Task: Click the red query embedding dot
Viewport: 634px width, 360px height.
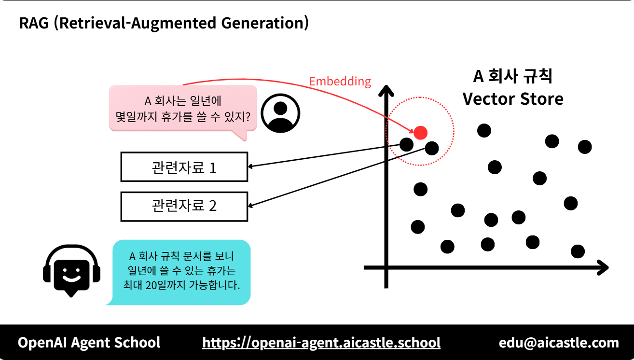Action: click(x=420, y=132)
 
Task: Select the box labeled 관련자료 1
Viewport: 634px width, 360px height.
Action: click(x=184, y=167)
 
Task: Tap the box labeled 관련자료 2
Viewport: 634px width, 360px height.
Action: click(x=184, y=207)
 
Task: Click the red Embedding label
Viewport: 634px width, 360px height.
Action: click(x=340, y=81)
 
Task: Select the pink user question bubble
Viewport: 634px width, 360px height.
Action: click(x=182, y=109)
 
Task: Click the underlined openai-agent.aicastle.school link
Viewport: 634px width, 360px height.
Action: click(x=321, y=343)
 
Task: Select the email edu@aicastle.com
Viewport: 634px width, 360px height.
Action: click(x=559, y=343)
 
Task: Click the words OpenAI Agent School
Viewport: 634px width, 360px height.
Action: click(x=89, y=343)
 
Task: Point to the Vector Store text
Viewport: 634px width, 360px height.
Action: click(x=513, y=99)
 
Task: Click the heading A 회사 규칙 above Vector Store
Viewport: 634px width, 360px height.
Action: click(x=513, y=76)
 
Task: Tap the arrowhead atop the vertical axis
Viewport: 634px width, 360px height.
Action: click(x=386, y=90)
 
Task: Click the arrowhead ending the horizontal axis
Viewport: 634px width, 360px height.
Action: click(x=603, y=267)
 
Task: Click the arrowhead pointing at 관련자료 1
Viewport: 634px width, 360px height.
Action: click(x=250, y=166)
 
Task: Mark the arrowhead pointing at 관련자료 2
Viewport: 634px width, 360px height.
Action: click(x=251, y=205)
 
